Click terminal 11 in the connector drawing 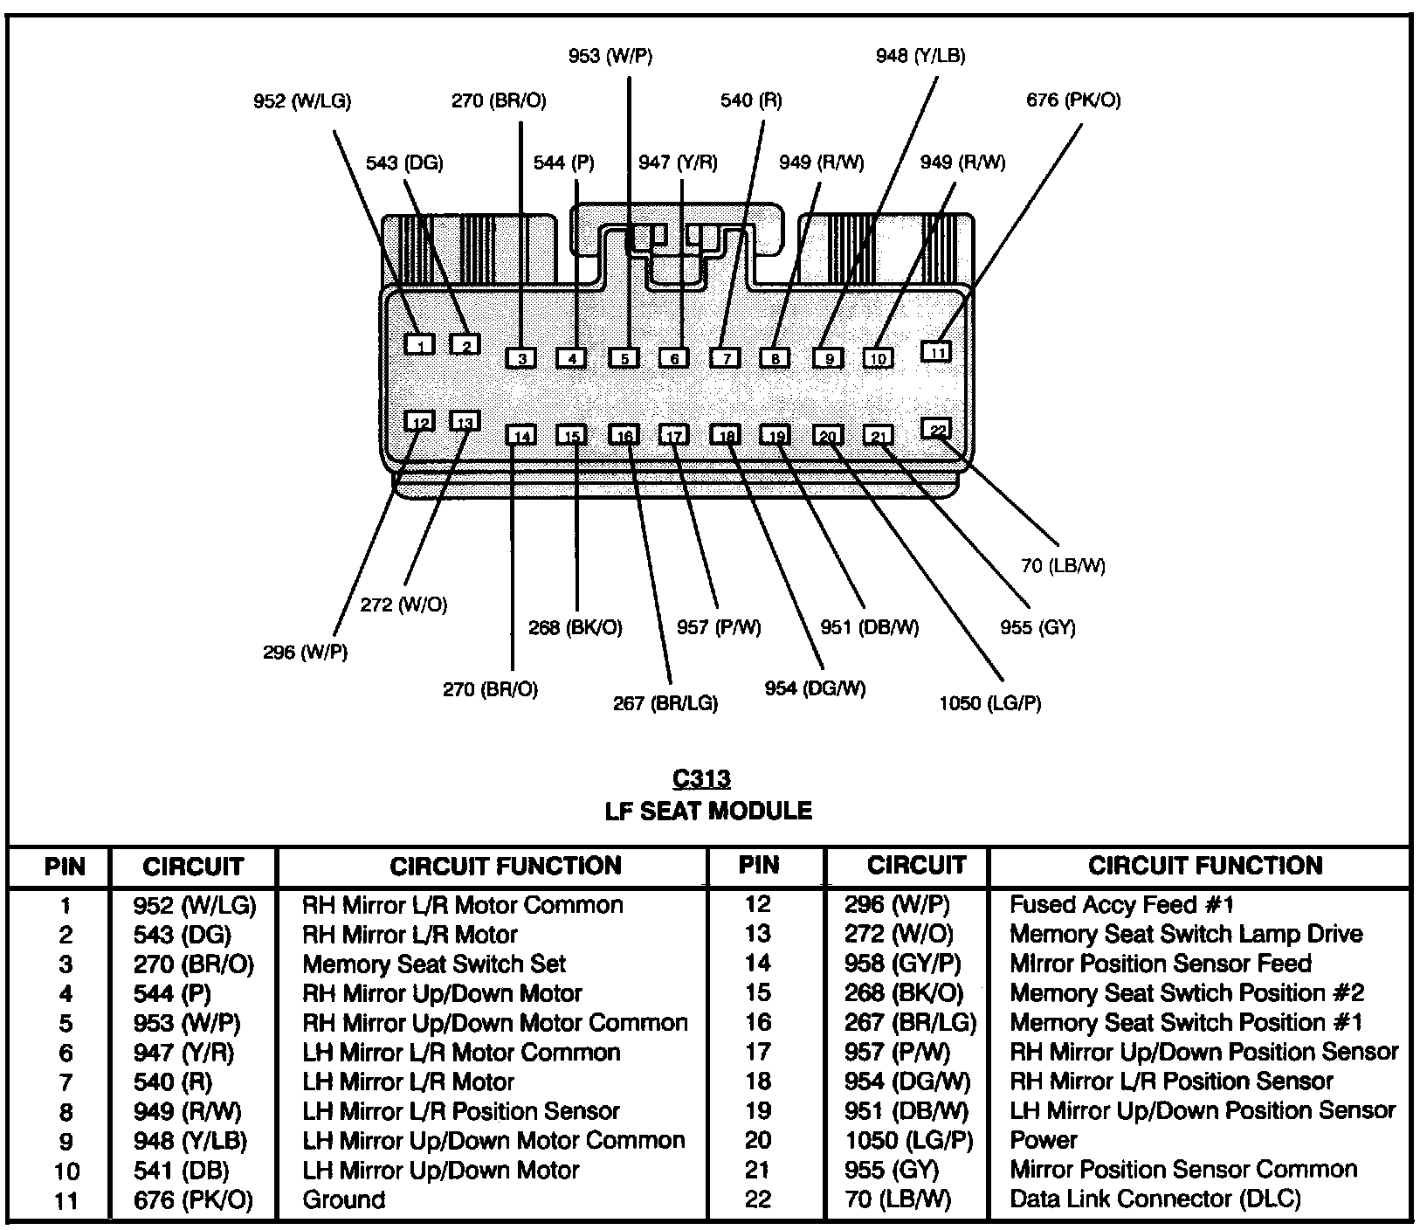coord(936,351)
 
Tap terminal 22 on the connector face coord(936,429)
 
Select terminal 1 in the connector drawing coord(420,344)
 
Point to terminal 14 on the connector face coord(521,435)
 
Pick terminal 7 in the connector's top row coord(725,357)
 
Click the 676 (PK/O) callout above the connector coord(1073,100)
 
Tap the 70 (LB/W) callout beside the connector coord(1063,566)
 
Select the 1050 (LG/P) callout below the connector coord(989,702)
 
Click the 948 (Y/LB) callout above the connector coord(920,56)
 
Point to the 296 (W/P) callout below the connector coord(305,652)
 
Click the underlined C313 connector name coord(702,778)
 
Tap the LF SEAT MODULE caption coord(708,812)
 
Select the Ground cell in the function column coord(343,1199)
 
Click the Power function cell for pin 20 coord(1043,1140)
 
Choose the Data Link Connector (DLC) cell coord(1155,1199)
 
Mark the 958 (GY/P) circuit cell coord(902,964)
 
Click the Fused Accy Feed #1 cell coord(1121,904)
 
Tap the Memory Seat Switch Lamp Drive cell coord(1185,934)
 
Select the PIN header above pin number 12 coord(758,866)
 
